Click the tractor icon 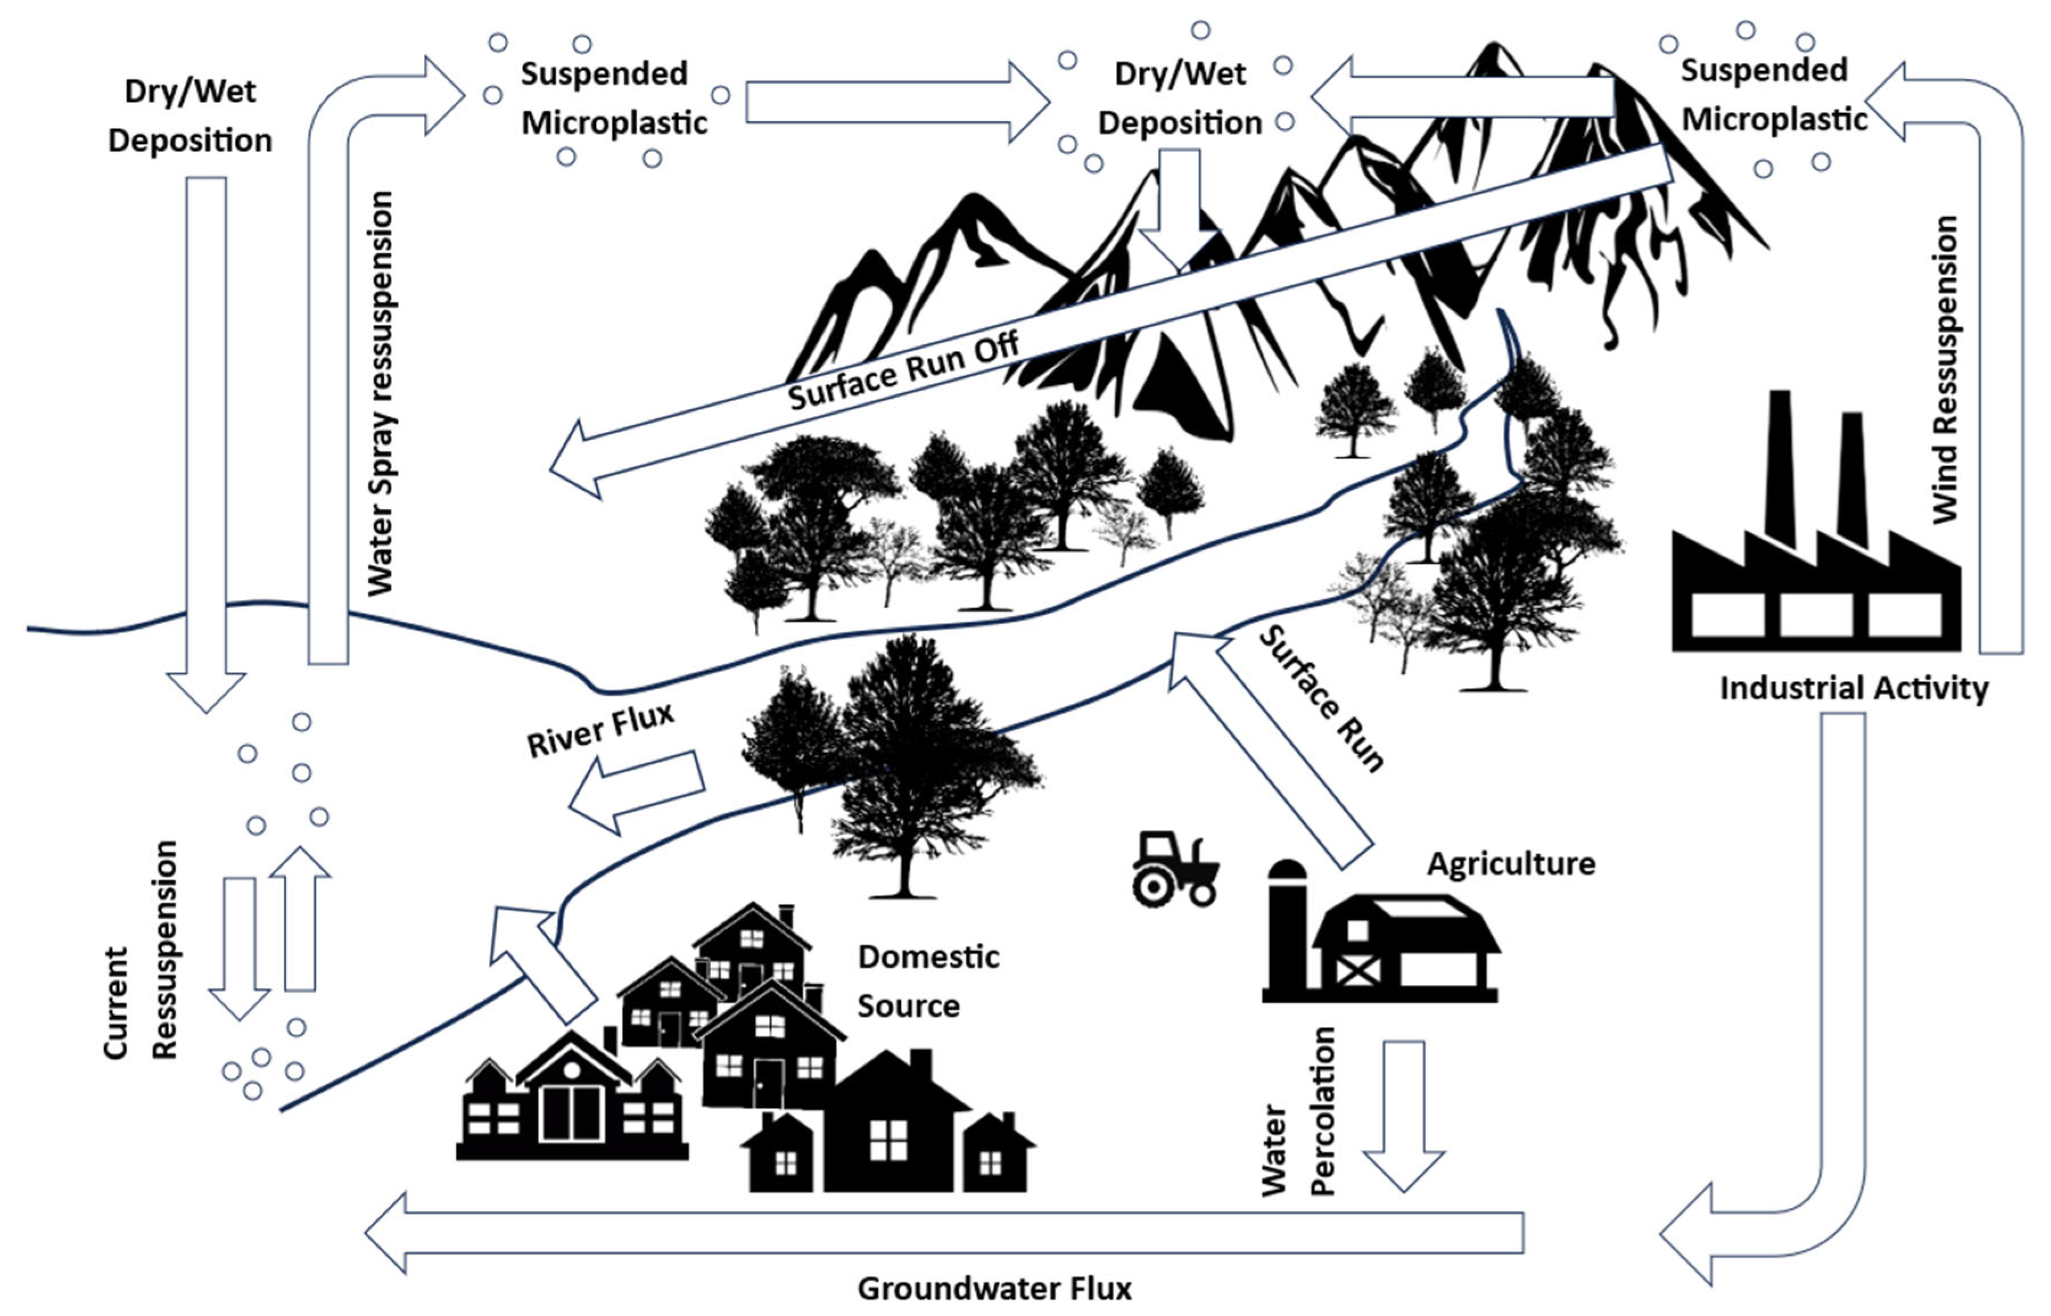[1175, 869]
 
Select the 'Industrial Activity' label [1854, 688]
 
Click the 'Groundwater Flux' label [994, 1288]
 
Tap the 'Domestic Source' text [926, 981]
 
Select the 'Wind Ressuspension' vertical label [1945, 369]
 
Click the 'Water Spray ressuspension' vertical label [380, 393]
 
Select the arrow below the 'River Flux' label [637, 790]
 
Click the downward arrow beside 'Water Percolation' [1403, 1111]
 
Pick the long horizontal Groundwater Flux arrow [940, 1232]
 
